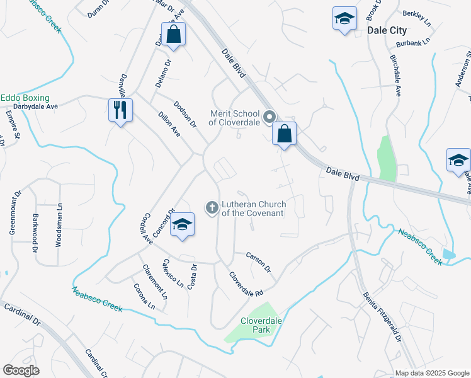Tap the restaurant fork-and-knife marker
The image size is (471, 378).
[x=118, y=111]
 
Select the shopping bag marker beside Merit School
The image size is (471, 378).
[x=285, y=134]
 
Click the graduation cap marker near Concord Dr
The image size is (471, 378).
[x=182, y=224]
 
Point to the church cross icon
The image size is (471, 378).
[x=212, y=207]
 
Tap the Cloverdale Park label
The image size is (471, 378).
[x=255, y=325]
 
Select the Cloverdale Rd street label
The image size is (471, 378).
[x=245, y=285]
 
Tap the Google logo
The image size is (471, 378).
[x=21, y=370]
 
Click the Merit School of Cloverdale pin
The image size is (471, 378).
[x=270, y=117]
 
